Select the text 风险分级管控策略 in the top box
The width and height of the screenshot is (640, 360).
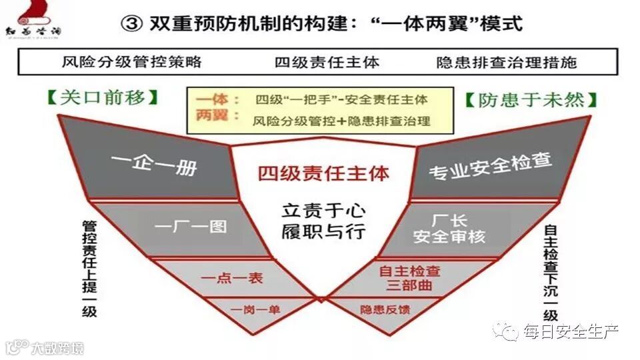tap(131, 63)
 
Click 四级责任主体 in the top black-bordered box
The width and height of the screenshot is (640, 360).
tap(327, 63)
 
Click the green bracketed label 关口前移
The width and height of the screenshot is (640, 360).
tap(103, 98)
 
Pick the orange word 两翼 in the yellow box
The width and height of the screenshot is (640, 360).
tap(212, 117)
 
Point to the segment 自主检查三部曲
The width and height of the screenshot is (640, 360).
tap(409, 278)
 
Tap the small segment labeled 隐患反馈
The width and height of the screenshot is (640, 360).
tap(385, 309)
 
